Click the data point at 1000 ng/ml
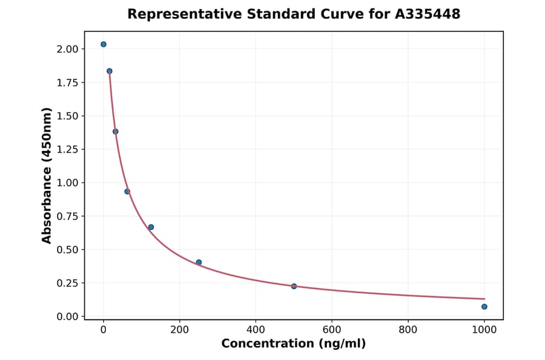point(484,307)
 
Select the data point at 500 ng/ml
point(294,286)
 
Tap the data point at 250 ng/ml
point(199,262)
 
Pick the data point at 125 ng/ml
point(151,227)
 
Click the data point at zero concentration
point(104,44)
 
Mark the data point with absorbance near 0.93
point(127,192)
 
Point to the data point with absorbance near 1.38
point(116,132)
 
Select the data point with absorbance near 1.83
point(110,71)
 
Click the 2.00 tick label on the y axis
point(68,49)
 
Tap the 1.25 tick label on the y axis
point(68,150)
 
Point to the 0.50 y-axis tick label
point(68,250)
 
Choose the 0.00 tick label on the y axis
point(68,316)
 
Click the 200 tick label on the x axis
point(179,330)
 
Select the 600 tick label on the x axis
point(332,330)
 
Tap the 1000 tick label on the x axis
point(484,330)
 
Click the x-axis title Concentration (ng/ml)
point(294,344)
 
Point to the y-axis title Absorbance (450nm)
point(47,175)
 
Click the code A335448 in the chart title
point(428,14)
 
